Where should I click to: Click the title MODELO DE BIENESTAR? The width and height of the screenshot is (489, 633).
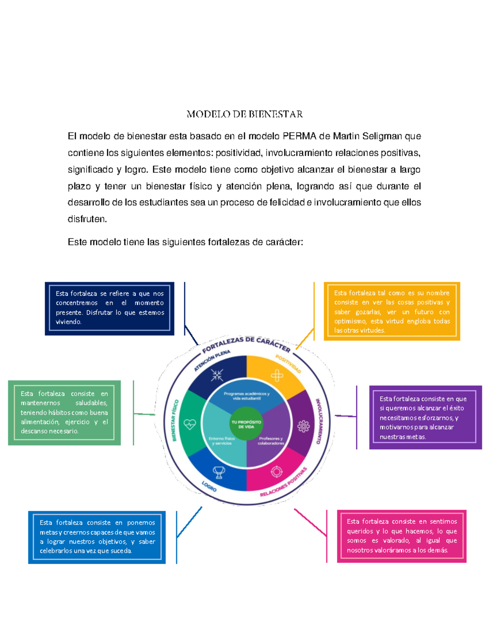point(244,114)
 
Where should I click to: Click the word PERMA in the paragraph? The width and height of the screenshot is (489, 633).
point(300,136)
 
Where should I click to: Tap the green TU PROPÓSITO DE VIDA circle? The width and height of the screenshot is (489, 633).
point(246,424)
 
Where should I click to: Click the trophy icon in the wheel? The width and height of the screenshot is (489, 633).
point(219,472)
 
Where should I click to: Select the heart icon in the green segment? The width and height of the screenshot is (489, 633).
point(190,424)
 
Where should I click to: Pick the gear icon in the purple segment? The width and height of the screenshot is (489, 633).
point(303,426)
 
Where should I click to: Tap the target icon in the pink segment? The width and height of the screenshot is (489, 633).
point(277,472)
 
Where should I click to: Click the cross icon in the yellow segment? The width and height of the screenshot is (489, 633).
point(277,375)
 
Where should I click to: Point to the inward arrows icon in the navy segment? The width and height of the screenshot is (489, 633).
point(217,375)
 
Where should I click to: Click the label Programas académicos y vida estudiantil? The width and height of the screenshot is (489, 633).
point(247,396)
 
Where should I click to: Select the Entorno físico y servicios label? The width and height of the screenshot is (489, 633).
point(222,441)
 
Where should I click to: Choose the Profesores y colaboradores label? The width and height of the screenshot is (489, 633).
point(271,441)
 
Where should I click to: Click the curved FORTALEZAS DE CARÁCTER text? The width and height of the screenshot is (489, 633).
point(246,343)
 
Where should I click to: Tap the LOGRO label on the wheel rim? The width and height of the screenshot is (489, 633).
point(209,486)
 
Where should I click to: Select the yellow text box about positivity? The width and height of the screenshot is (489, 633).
point(392,311)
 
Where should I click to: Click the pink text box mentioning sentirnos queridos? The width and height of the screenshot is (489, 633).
point(401,536)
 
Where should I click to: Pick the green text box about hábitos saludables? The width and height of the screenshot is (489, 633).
point(64,412)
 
